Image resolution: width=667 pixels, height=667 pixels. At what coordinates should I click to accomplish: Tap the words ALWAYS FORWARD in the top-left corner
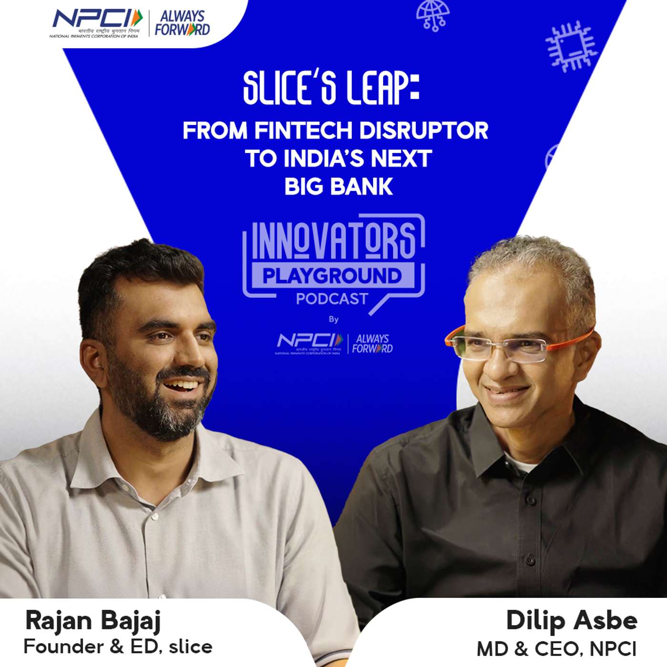[182, 23]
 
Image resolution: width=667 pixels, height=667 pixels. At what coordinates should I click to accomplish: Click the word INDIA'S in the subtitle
[324, 159]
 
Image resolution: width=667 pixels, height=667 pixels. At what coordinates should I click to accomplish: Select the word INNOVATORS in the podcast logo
[333, 241]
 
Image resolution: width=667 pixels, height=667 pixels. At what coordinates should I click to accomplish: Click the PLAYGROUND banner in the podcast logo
[332, 276]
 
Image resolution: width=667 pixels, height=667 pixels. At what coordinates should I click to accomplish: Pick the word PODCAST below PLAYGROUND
[332, 299]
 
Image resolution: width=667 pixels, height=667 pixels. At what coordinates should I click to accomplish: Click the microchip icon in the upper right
[571, 47]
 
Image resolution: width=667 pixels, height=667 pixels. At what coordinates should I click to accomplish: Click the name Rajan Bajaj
[93, 621]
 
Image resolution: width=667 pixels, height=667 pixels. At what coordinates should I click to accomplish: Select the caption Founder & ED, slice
[118, 647]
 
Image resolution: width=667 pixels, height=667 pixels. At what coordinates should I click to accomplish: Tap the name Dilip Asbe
[571, 621]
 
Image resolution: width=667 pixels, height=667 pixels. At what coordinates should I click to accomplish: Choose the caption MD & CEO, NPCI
[556, 648]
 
